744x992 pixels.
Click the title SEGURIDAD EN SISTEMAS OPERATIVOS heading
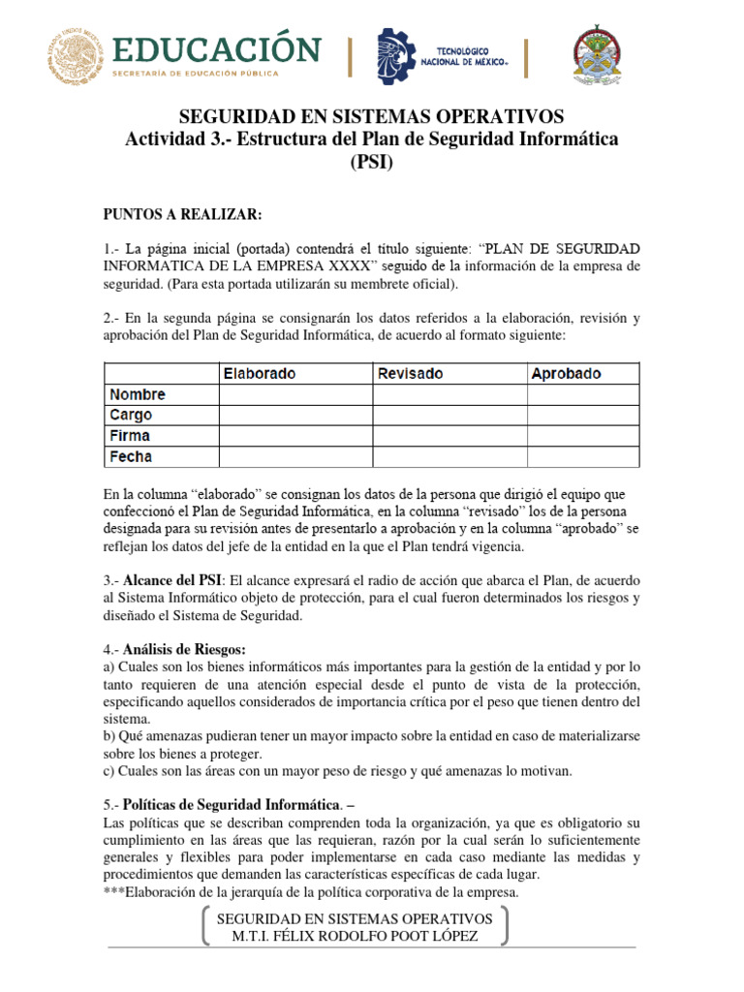click(x=371, y=119)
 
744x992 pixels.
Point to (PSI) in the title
click(x=371, y=163)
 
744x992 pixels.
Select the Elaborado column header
click(x=260, y=374)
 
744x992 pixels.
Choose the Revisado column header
click(x=410, y=374)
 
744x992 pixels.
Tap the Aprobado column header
click(x=566, y=374)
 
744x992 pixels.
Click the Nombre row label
click(x=138, y=395)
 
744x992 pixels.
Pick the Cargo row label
click(x=131, y=416)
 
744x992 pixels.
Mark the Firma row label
click(x=130, y=436)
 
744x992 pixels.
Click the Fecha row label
click(x=131, y=456)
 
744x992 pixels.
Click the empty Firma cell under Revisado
click(x=449, y=436)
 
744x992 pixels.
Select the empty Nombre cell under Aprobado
click(x=583, y=395)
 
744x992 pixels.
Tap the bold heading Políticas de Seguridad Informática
click(x=232, y=804)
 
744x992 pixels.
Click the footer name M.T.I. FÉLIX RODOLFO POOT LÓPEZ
click(x=356, y=936)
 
